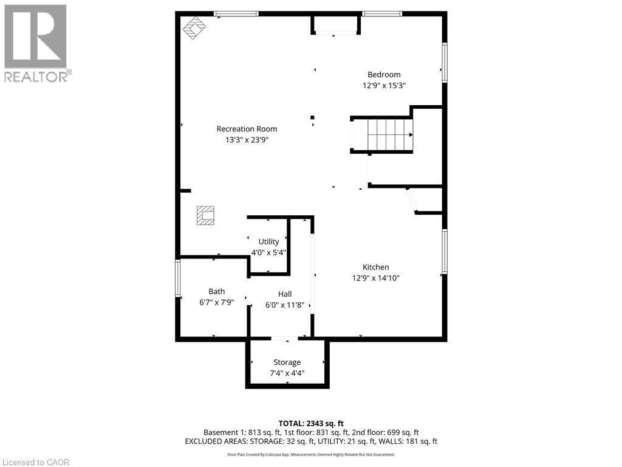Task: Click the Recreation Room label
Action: click(247, 129)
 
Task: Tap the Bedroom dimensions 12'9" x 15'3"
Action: click(384, 86)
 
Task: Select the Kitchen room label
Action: click(375, 267)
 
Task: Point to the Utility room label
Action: click(268, 241)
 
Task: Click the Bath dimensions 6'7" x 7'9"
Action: click(217, 302)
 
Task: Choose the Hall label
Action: click(285, 294)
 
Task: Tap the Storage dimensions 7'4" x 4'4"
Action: click(287, 373)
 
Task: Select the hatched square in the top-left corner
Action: click(195, 28)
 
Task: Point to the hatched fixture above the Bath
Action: click(205, 215)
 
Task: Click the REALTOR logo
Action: click(36, 43)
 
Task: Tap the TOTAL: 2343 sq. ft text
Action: click(311, 423)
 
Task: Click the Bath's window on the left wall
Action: click(178, 278)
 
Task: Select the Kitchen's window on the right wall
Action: click(445, 251)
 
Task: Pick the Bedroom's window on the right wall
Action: click(445, 63)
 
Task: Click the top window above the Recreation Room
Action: click(236, 13)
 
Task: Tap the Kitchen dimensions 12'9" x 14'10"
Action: click(375, 278)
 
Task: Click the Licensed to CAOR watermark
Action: click(36, 462)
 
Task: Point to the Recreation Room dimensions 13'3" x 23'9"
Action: click(247, 139)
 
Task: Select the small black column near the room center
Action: click(313, 117)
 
